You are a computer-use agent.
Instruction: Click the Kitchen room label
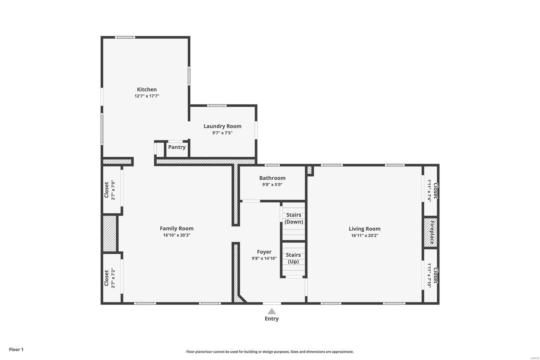(x=147, y=89)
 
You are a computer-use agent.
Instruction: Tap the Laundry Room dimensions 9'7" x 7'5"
(x=222, y=133)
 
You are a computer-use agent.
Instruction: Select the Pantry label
(x=177, y=147)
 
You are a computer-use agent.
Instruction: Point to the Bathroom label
(x=272, y=178)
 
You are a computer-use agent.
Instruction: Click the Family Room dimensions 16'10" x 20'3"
(x=177, y=235)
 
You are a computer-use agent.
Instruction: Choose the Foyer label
(x=264, y=252)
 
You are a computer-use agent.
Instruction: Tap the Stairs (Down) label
(x=294, y=218)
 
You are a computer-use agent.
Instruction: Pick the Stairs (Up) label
(x=293, y=258)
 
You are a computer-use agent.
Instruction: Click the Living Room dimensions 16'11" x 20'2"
(x=364, y=235)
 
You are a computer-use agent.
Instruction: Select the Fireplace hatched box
(x=431, y=233)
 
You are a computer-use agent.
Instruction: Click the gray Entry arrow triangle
(x=272, y=311)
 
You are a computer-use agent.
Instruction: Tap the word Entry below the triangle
(x=272, y=319)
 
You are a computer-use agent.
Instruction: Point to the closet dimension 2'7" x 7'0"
(x=113, y=190)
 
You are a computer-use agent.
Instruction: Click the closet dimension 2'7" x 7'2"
(x=113, y=278)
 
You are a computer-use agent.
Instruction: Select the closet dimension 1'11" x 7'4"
(x=429, y=190)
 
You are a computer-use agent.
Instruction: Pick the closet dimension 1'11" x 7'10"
(x=429, y=275)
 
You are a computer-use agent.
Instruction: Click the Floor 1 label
(x=16, y=350)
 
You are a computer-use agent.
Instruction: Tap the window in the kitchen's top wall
(x=125, y=37)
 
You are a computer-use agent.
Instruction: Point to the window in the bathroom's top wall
(x=272, y=165)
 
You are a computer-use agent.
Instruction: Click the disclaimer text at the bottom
(x=270, y=352)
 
